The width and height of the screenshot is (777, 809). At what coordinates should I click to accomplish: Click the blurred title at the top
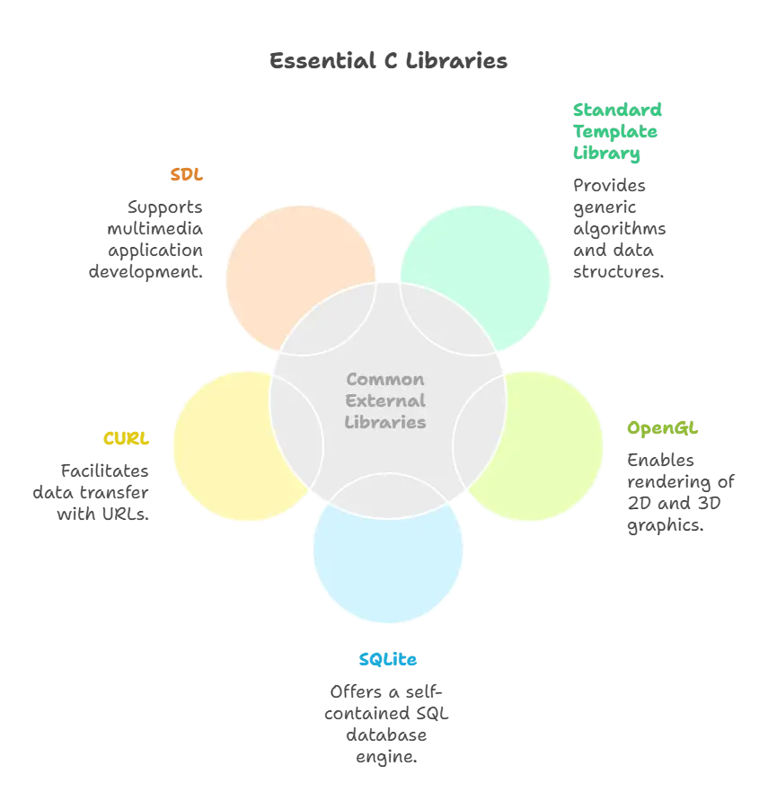(388, 61)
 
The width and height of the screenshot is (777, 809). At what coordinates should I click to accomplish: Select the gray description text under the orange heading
(148, 238)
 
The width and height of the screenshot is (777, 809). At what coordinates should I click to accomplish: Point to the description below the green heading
(616, 228)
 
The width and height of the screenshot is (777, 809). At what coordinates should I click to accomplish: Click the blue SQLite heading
(390, 659)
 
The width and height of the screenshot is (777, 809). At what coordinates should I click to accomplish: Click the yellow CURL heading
(126, 437)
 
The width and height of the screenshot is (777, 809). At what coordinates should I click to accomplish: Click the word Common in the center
(385, 379)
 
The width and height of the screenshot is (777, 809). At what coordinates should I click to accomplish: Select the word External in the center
(385, 400)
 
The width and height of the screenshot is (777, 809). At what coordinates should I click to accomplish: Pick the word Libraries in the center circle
(385, 422)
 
